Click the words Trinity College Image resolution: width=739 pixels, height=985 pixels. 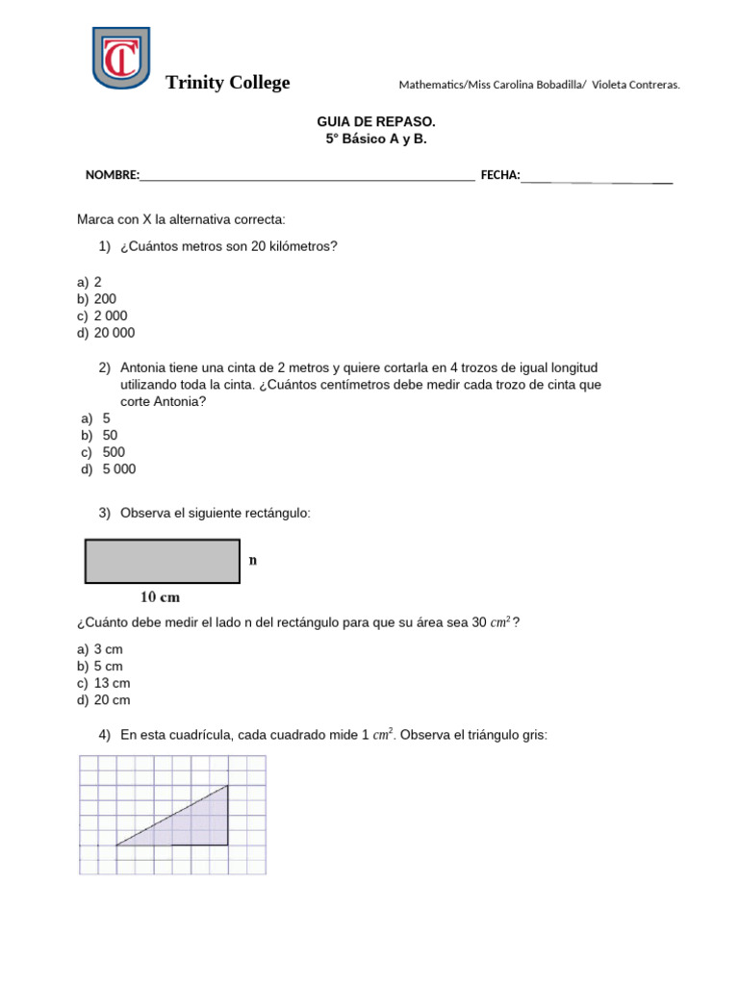227,83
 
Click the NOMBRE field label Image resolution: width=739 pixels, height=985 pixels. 113,175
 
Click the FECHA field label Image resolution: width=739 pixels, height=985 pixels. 499,175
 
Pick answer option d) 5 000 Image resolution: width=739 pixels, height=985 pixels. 110,469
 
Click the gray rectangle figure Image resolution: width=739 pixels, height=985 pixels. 162,561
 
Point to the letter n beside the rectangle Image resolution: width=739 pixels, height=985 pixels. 253,560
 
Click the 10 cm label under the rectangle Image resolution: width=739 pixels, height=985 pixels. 161,597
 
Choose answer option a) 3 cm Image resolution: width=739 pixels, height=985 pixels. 99,649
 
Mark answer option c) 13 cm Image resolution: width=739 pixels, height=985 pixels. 103,683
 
